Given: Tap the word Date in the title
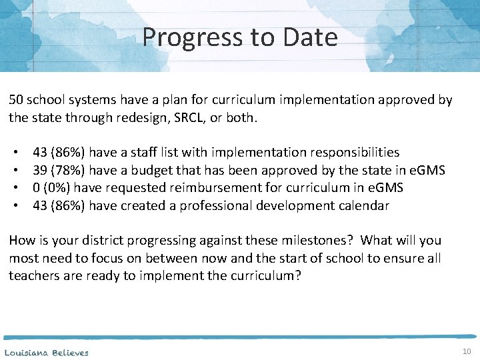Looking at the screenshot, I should point(310,37).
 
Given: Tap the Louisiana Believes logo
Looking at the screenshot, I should point(46,352).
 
